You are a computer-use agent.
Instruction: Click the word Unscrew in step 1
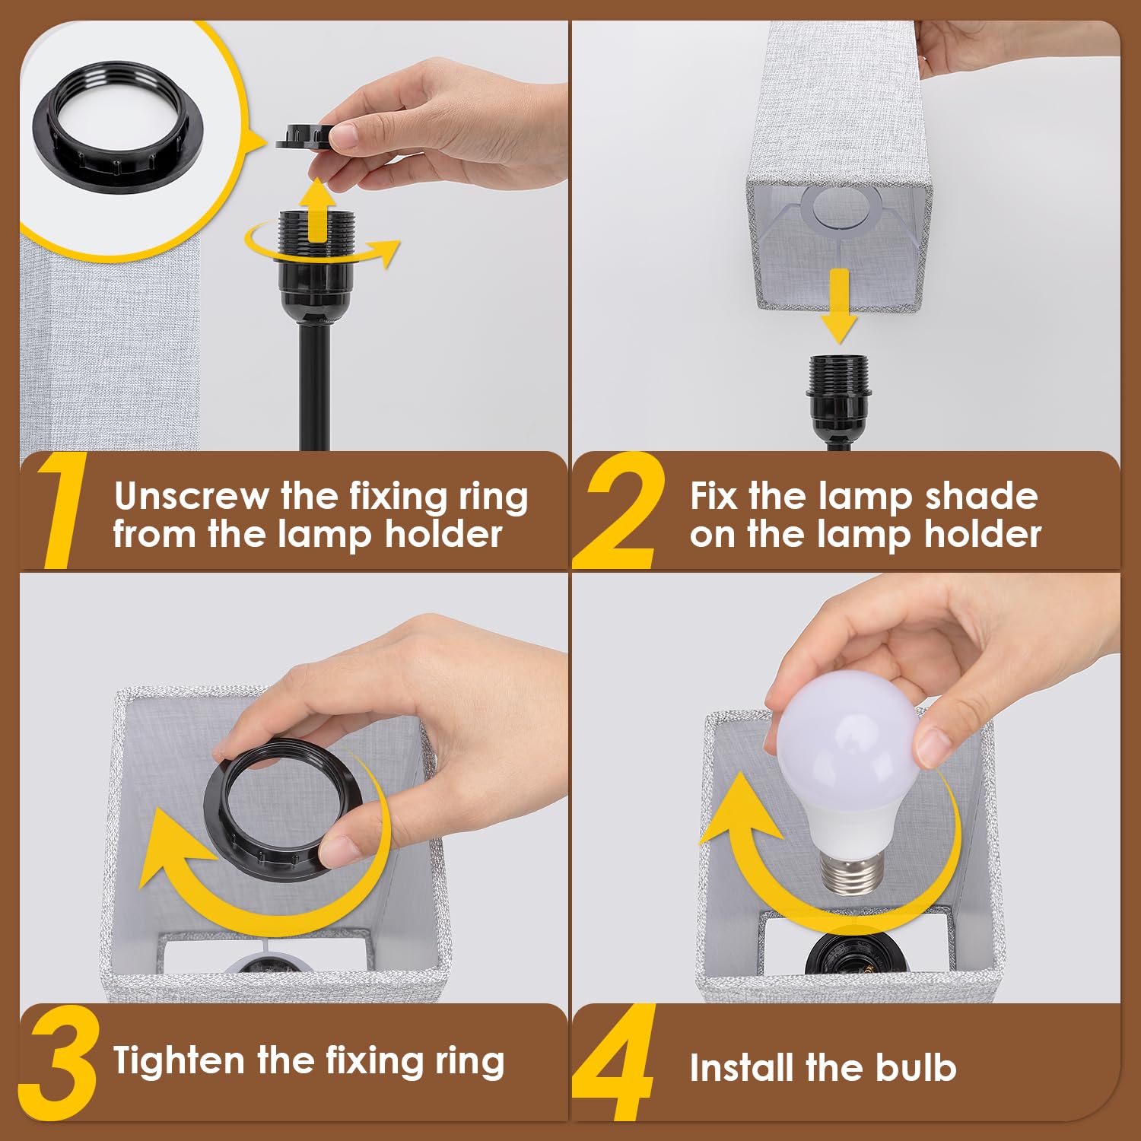pos(191,497)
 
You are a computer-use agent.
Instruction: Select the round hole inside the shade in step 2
pos(840,208)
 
